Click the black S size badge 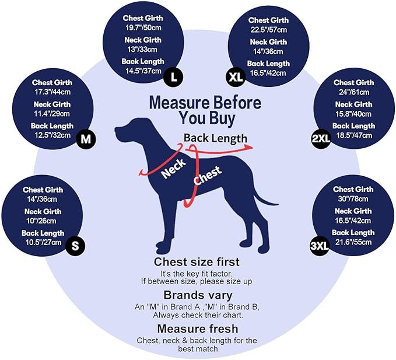[75, 246]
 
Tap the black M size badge [86, 139]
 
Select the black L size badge [173, 77]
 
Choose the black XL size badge [236, 77]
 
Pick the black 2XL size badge [321, 138]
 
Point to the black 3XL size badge [320, 246]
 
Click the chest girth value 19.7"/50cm [143, 28]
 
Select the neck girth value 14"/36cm [268, 51]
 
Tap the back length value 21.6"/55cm [353, 242]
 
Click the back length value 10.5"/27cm [43, 243]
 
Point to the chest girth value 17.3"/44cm [52, 92]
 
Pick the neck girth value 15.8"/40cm [353, 114]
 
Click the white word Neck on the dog [174, 169]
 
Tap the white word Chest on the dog [208, 176]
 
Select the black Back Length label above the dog [215, 138]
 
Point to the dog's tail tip [278, 204]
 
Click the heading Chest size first [197, 262]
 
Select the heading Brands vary [198, 295]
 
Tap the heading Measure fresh [198, 329]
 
